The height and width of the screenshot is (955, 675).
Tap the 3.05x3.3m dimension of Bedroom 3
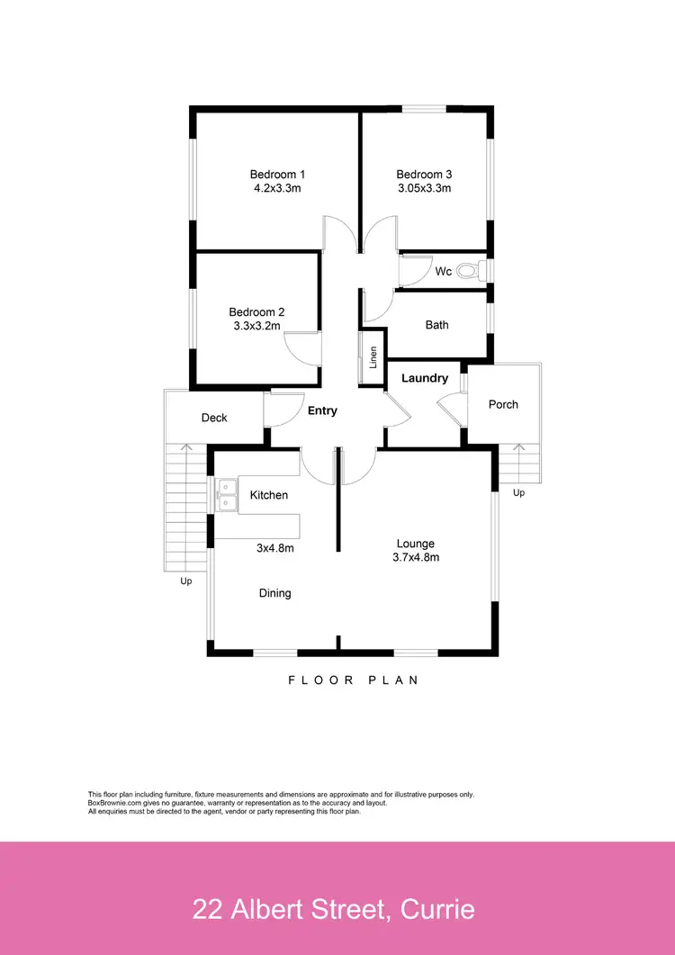424,189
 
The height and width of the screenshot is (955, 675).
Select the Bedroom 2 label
256,313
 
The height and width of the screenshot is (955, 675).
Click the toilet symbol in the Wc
468,270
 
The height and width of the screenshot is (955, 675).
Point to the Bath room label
436,325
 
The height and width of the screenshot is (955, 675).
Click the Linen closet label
373,357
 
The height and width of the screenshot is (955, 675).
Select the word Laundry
425,379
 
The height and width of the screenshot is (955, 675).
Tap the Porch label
503,405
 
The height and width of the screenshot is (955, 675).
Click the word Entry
322,411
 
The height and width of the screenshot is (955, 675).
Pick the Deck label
214,418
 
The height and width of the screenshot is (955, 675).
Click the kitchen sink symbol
225,497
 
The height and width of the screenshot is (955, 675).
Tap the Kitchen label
269,495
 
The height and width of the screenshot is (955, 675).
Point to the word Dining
274,593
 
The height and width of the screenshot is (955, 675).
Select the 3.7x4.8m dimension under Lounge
415,557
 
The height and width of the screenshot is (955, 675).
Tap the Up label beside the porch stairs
518,493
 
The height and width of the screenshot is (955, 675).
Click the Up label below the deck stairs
186,581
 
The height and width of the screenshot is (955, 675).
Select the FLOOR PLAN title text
353,680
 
